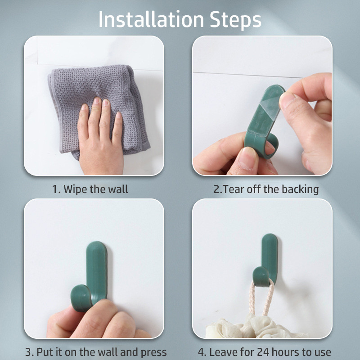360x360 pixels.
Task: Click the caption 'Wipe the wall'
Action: tap(95, 189)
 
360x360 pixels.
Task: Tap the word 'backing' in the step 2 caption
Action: tap(300, 190)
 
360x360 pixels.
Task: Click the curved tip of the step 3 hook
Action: tap(81, 298)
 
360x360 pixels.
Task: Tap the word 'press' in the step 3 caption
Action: tap(153, 353)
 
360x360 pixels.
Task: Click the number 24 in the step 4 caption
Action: tap(263, 352)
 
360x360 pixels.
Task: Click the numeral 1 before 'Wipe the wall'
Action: tap(55, 189)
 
